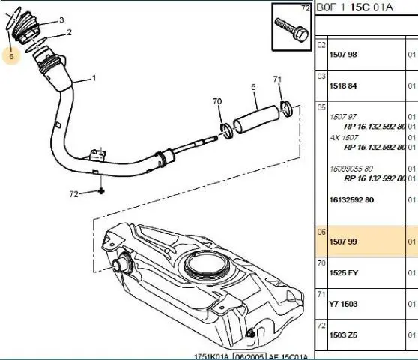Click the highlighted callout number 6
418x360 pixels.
[11, 56]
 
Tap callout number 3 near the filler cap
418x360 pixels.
[61, 20]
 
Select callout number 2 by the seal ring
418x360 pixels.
[70, 32]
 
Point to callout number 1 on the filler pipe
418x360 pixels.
[94, 78]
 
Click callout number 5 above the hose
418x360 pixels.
[253, 87]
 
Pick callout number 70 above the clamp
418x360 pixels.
[217, 101]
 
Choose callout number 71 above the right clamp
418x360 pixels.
[277, 79]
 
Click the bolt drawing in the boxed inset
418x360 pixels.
[291, 29]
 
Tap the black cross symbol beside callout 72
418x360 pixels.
[101, 191]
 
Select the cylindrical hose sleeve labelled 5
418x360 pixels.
[256, 119]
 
